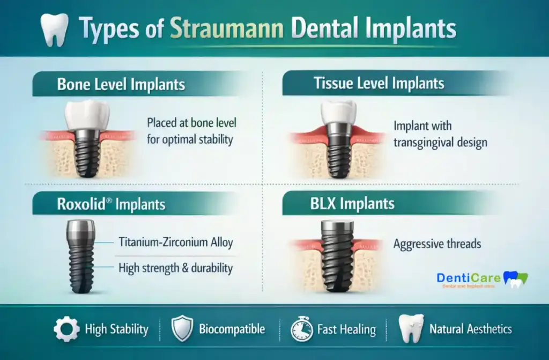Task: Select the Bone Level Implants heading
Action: [121, 84]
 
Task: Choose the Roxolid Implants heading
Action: [111, 204]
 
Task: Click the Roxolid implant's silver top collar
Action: [81, 231]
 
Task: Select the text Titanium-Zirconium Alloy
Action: [176, 243]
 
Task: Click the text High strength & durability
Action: [176, 268]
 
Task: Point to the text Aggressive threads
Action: [437, 244]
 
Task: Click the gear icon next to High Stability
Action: [66, 329]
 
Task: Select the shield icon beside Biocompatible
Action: [181, 329]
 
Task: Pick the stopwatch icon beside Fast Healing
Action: [301, 329]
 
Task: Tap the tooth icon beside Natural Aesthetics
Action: [411, 328]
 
